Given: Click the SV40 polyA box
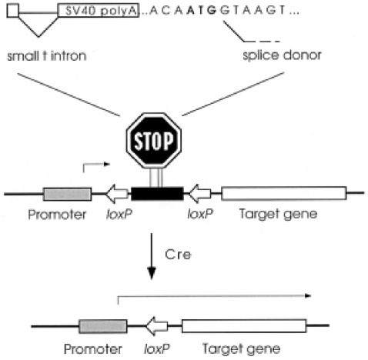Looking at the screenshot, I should [98, 10].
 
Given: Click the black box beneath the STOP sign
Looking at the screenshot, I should [157, 193].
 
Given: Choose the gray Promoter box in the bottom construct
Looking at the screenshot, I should [102, 325].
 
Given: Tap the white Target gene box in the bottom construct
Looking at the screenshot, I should [243, 325].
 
